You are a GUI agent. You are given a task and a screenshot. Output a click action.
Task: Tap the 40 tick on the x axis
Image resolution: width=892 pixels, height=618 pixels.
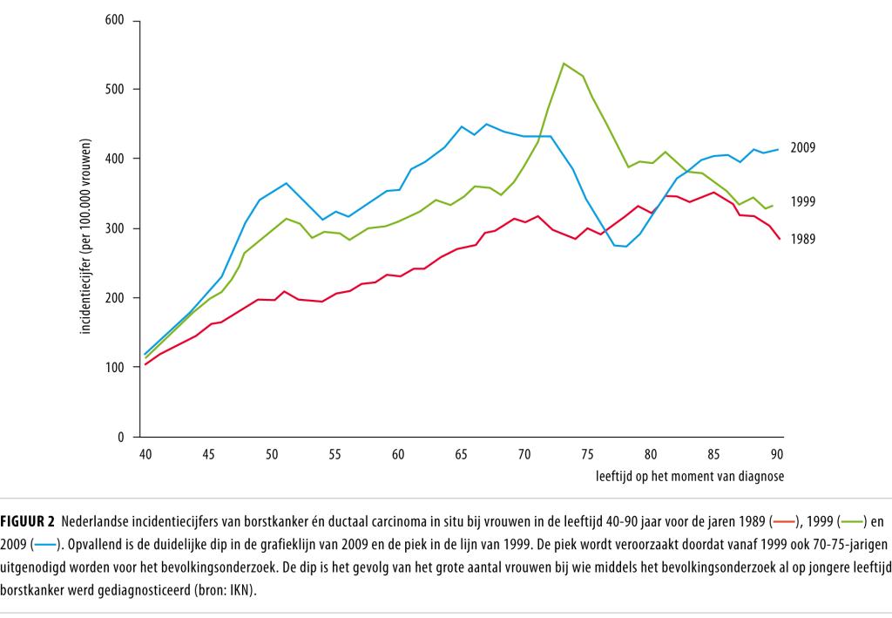point(145,454)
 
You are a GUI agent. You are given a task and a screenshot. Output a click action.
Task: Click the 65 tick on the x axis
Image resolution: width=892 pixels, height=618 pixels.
point(461,454)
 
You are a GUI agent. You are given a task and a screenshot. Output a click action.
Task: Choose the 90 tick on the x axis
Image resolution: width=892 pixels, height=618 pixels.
point(776,454)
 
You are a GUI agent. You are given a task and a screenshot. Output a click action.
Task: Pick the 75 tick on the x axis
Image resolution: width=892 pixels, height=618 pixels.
point(587,454)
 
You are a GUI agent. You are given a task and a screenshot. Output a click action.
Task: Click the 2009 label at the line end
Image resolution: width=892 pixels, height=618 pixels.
point(802,148)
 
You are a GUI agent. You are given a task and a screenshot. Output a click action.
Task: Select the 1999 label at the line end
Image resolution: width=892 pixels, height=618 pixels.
point(802,201)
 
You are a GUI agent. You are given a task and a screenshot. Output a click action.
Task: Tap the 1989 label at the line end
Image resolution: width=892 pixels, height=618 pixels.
point(802,238)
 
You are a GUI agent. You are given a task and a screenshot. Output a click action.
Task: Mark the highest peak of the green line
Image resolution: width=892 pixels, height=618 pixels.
point(564,63)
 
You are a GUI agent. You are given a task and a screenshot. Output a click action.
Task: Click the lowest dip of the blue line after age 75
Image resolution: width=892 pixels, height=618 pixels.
point(625,247)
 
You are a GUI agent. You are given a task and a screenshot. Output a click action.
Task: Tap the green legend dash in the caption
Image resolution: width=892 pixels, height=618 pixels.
point(852,523)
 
